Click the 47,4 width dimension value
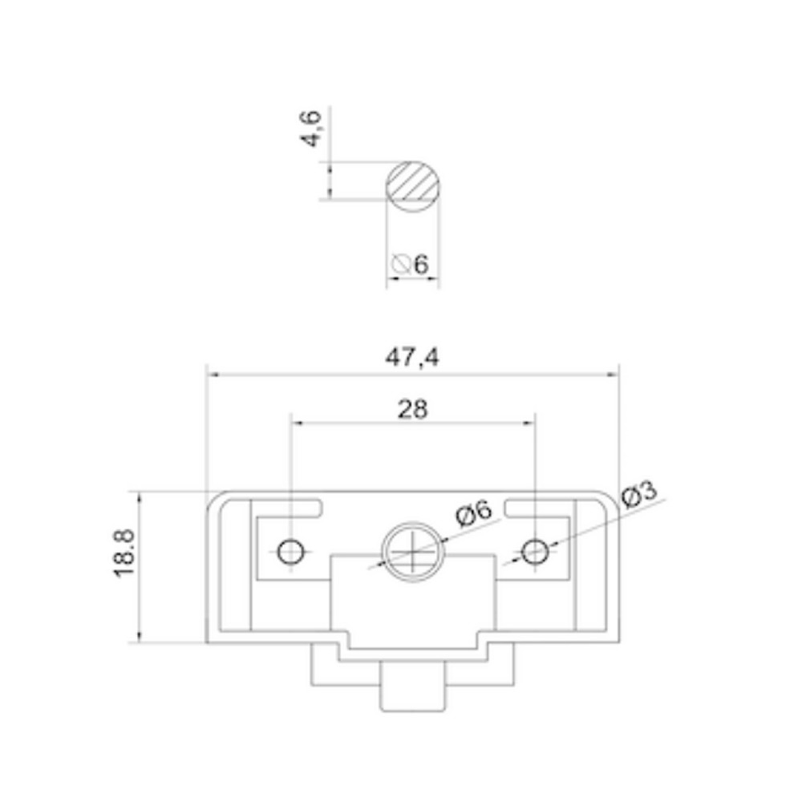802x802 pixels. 411,358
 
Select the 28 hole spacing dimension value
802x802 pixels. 412,409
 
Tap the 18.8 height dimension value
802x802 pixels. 124,553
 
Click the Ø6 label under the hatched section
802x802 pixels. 411,264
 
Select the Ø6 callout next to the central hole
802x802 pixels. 472,513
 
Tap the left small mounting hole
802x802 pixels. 290,552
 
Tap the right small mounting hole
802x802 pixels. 534,552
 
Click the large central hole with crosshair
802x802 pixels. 413,553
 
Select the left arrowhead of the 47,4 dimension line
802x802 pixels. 212,374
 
